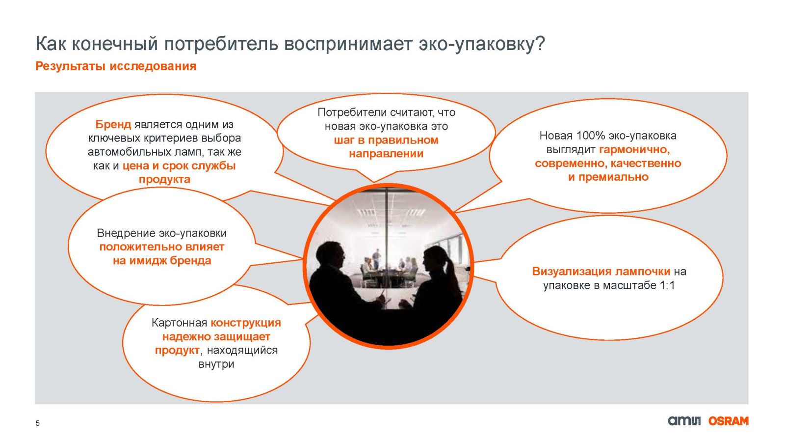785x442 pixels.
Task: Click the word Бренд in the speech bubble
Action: (x=113, y=124)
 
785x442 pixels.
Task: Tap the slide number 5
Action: (x=37, y=423)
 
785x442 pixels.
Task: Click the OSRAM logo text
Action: (x=728, y=421)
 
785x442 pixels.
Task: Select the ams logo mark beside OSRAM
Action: (x=684, y=421)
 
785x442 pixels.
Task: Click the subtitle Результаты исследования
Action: (x=116, y=66)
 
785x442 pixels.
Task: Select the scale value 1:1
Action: (x=667, y=285)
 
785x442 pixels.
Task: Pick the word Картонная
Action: (x=179, y=323)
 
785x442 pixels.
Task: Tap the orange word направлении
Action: (x=386, y=154)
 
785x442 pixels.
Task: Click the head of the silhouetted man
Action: (x=331, y=255)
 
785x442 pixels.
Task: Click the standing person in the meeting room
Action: (x=376, y=259)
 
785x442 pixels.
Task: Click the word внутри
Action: (x=216, y=364)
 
